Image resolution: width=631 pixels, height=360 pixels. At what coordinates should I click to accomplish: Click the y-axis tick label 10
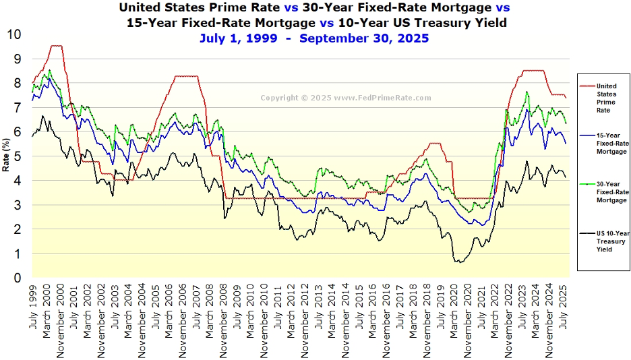pyautogui.click(x=14, y=34)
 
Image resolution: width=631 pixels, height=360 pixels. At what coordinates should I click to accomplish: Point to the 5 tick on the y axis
pyautogui.click(x=18, y=156)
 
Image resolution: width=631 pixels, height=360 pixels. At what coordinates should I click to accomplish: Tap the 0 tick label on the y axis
pyautogui.click(x=18, y=278)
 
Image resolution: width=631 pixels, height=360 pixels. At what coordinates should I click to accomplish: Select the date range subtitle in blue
pyautogui.click(x=314, y=38)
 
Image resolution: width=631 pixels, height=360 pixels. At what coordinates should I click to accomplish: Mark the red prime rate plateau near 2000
pyautogui.click(x=57, y=46)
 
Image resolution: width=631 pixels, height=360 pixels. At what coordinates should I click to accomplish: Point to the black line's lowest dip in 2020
pyautogui.click(x=460, y=262)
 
